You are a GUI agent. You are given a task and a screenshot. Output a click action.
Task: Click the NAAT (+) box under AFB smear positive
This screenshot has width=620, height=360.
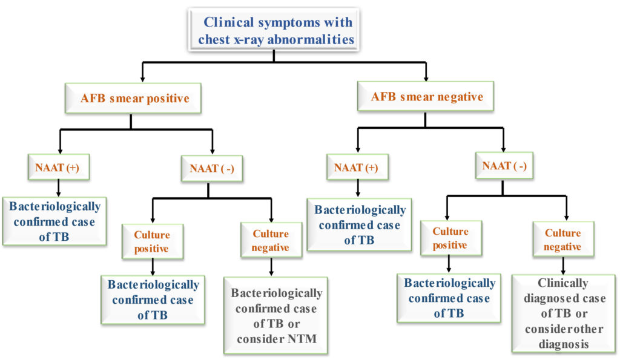click(x=59, y=166)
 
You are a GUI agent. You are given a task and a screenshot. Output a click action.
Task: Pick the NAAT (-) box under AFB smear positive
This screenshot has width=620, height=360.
click(x=208, y=168)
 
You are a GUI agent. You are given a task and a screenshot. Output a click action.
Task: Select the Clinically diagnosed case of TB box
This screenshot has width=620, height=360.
click(x=563, y=313)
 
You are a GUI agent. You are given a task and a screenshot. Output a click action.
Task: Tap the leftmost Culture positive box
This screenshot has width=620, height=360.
click(x=152, y=241)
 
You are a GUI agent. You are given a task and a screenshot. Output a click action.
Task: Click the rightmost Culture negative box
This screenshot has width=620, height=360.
click(x=563, y=240)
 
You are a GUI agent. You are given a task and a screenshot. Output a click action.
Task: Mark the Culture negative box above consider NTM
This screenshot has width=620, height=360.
click(x=271, y=240)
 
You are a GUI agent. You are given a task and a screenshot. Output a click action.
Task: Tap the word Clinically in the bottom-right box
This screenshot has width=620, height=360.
click(x=563, y=283)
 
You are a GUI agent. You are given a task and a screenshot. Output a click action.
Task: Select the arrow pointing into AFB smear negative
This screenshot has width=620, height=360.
click(x=426, y=73)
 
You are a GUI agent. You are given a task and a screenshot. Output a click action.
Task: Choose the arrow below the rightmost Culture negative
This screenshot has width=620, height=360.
click(x=563, y=265)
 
